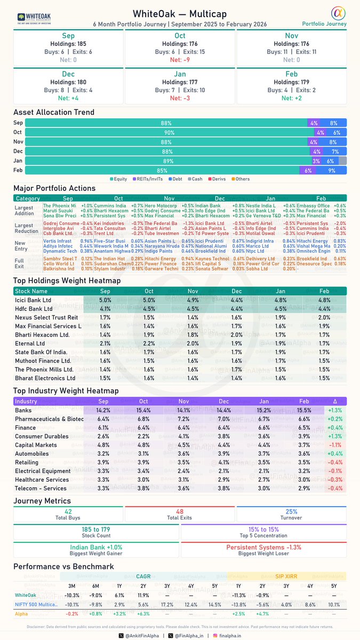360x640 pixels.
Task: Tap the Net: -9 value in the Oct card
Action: pyautogui.click(x=179, y=60)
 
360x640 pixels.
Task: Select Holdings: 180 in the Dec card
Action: pyautogui.click(x=68, y=82)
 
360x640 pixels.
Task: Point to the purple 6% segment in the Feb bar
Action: pyautogui.click(x=308, y=170)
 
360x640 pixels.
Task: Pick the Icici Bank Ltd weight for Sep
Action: pyautogui.click(x=105, y=300)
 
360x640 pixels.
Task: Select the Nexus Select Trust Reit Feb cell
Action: pyautogui.click(x=324, y=317)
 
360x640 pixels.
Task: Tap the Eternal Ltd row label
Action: pyautogui.click(x=33, y=343)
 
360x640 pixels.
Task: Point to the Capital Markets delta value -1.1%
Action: pyautogui.click(x=336, y=445)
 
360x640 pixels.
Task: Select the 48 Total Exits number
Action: pyautogui.click(x=180, y=511)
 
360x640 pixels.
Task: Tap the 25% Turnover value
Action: pyautogui.click(x=291, y=511)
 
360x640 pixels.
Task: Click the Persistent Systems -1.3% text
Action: pyautogui.click(x=263, y=547)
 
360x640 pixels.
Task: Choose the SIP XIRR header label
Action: pyautogui.click(x=286, y=577)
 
